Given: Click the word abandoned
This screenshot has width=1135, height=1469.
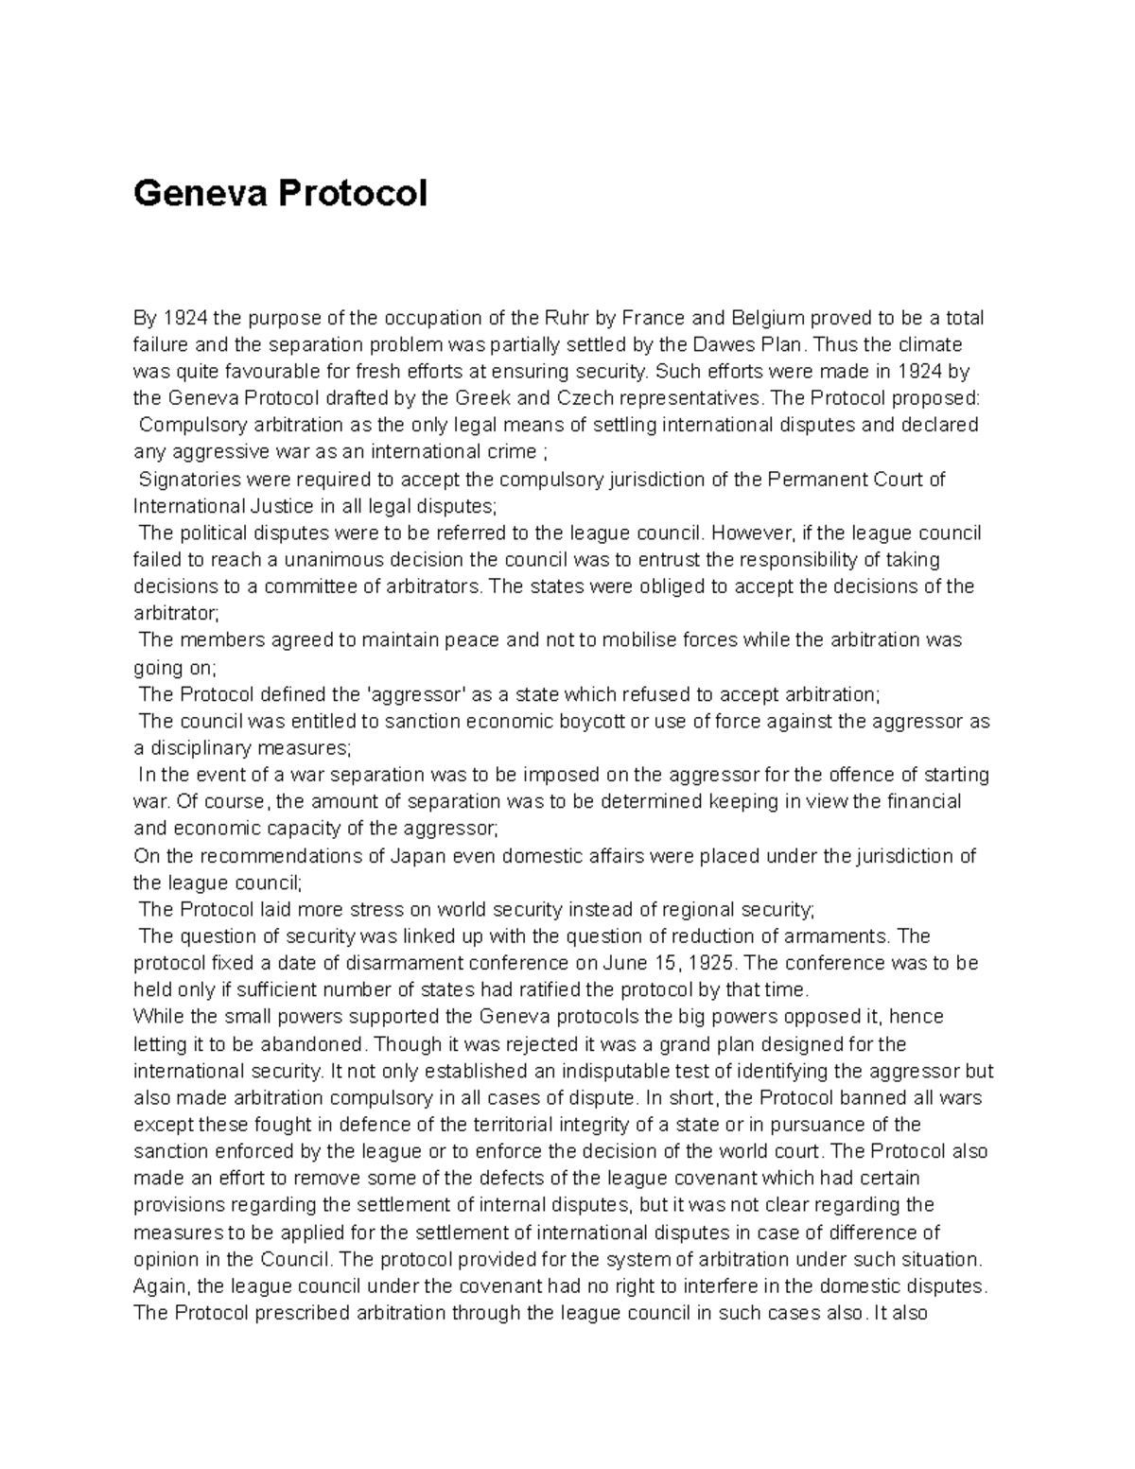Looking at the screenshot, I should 316,1044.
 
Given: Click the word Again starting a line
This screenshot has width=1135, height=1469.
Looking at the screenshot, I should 162,1287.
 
